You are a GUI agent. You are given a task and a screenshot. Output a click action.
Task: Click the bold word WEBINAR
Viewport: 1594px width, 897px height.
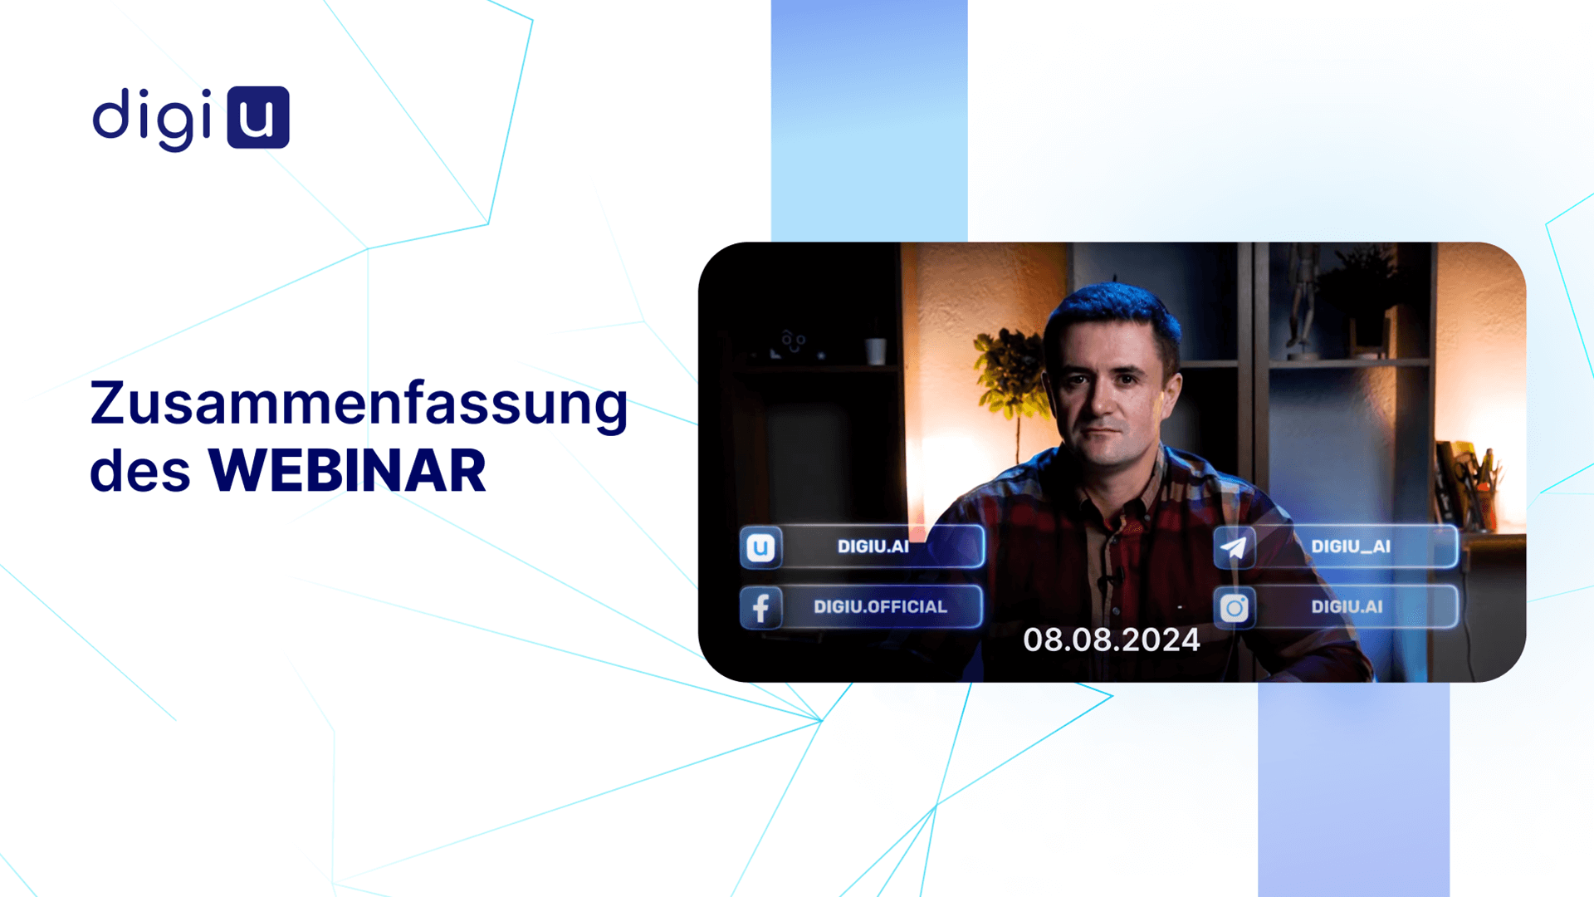[347, 471]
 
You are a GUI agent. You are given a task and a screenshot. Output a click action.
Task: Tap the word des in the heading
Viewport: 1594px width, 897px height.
[140, 471]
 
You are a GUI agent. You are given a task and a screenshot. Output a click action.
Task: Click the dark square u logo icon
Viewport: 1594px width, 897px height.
[258, 117]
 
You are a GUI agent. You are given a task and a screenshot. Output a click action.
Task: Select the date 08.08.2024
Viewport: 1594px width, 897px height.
[1112, 640]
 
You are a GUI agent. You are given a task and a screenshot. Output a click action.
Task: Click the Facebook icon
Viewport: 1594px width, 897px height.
[760, 607]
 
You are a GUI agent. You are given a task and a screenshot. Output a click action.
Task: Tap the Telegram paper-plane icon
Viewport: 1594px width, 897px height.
[1234, 547]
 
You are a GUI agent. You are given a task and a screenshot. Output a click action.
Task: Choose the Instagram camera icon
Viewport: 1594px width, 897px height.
[1235, 608]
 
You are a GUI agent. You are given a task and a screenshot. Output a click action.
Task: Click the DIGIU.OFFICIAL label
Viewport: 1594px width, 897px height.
[880, 607]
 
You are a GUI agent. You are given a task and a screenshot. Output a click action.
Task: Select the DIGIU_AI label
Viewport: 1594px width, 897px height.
[1351, 547]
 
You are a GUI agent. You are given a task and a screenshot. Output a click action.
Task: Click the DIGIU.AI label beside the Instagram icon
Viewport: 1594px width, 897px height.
[1347, 607]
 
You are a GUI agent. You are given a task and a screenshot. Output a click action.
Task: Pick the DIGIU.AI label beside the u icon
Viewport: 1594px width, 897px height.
[873, 547]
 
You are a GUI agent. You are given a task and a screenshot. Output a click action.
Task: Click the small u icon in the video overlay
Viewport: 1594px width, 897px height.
[760, 547]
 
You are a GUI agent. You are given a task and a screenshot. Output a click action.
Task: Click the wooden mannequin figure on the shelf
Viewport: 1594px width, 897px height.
[1301, 299]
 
